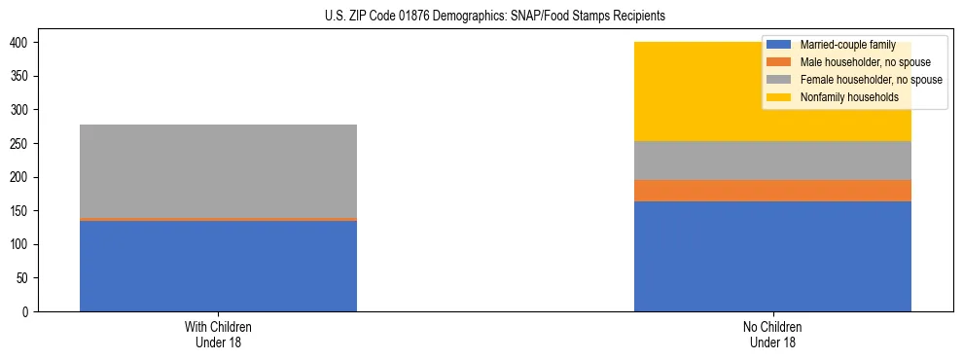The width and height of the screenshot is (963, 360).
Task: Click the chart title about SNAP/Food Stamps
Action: coord(495,17)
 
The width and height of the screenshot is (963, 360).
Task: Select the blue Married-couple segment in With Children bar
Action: coord(218,266)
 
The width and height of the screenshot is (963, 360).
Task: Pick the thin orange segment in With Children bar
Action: coord(218,220)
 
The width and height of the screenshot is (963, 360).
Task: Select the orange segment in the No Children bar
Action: coord(772,191)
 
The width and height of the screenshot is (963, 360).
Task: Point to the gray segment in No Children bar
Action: coord(772,161)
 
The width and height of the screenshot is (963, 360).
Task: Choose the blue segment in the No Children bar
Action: coord(772,256)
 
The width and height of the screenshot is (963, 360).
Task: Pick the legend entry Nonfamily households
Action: coord(842,97)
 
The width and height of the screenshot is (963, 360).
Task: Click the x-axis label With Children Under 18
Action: coord(218,335)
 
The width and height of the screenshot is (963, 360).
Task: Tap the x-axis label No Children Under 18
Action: coord(772,335)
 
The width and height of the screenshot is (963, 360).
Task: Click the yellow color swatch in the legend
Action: coord(779,97)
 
